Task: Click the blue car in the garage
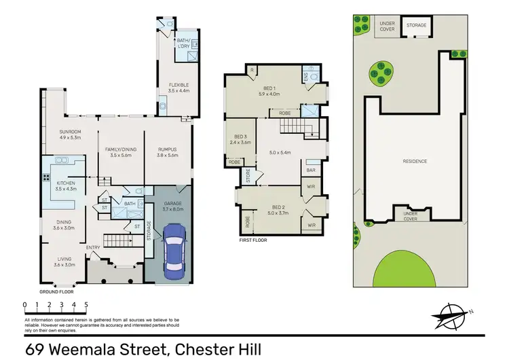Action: click(x=174, y=250)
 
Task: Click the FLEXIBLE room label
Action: click(x=178, y=85)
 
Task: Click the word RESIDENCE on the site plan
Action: click(x=415, y=161)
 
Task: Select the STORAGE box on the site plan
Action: click(x=417, y=26)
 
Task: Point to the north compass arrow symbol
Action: click(x=449, y=317)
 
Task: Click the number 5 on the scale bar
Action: click(x=86, y=305)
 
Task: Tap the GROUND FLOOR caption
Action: click(x=52, y=290)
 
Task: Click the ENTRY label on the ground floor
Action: click(x=93, y=247)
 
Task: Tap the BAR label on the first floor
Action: click(x=312, y=170)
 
